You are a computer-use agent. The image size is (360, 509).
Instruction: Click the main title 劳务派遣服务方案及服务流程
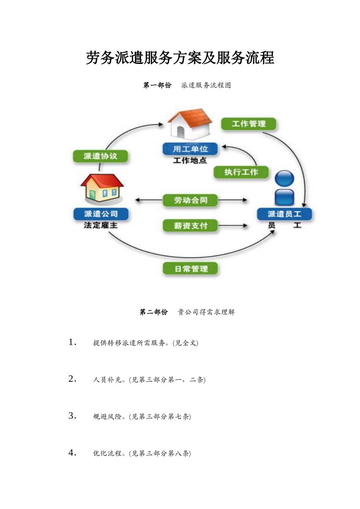pos(180,58)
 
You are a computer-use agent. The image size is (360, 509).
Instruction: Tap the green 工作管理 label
pos(249,124)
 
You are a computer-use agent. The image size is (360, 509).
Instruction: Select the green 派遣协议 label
pos(100,156)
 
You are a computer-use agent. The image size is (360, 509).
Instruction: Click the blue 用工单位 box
pos(190,149)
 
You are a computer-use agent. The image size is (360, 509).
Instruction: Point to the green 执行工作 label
pos(241,172)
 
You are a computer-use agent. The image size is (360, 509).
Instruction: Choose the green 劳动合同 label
pos(191,200)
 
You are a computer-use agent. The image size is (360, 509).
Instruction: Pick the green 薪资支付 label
pos(191,226)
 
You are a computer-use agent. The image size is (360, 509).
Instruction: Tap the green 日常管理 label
pos(191,269)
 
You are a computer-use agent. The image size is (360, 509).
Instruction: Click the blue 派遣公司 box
pos(101,214)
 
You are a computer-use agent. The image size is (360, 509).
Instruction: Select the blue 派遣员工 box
pos(284,214)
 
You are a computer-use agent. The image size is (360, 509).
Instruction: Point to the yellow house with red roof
pos(102,188)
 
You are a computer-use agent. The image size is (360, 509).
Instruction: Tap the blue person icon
pos(284,188)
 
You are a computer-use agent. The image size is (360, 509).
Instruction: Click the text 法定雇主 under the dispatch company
pos(101,225)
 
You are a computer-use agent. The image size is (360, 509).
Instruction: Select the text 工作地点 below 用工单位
pos(190,161)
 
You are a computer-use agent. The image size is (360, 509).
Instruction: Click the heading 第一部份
pos(157,85)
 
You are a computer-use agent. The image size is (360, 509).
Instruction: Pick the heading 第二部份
pos(153,312)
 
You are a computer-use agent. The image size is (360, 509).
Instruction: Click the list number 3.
pos(72,416)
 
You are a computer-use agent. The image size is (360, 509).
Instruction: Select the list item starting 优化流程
pos(142,453)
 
